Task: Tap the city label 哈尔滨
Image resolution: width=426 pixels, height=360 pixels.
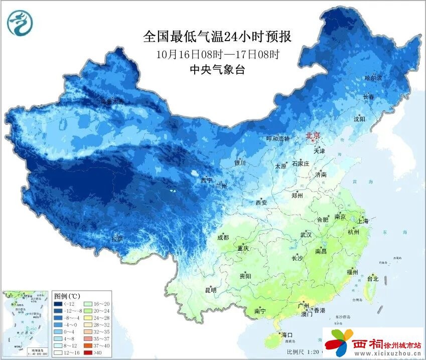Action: coord(373,78)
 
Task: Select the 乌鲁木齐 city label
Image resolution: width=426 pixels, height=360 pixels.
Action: coord(111,102)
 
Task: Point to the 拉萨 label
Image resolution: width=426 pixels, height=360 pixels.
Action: coord(117,239)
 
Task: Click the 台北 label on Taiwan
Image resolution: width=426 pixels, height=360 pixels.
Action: coord(372,279)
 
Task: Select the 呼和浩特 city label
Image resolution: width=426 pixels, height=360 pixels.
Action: coord(278,138)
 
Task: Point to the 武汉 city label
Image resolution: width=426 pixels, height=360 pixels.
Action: coord(306,235)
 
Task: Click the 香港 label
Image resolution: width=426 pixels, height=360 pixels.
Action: coord(319,310)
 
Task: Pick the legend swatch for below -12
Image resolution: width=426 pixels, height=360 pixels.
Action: coord(59,304)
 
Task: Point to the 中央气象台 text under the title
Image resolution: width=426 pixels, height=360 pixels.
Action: coord(217,70)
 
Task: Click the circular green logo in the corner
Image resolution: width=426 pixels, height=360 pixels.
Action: coord(19,24)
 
